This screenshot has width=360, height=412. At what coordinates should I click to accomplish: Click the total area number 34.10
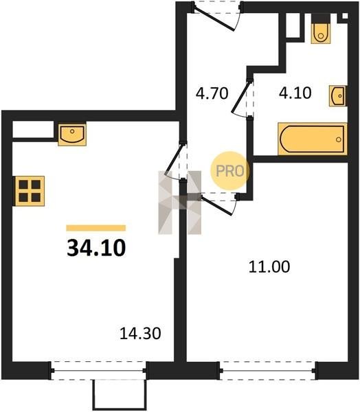pos(96,248)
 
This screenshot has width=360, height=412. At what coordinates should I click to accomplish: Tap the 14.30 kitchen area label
pos(140,334)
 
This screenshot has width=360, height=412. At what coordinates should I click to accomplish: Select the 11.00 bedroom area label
pos(269,266)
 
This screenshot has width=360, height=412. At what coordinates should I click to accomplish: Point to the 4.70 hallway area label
pos(212,93)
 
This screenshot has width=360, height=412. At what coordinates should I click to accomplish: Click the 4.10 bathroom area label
pos(295,93)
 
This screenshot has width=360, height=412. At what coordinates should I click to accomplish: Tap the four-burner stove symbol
pos(30,191)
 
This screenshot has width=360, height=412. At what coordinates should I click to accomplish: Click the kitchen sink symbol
pos(72,134)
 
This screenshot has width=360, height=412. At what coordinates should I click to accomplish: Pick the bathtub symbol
pos(313,139)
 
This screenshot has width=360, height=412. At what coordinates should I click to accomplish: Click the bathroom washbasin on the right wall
pos(337,96)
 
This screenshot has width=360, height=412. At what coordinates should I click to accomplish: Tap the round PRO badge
pos(230,171)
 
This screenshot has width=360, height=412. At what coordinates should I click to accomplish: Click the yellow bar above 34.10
pos(96,228)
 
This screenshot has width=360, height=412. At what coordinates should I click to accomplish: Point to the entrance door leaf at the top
pos(214,19)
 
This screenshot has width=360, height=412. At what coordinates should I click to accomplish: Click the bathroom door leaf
pos(240,98)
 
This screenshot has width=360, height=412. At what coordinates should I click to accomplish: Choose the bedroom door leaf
pos(216,205)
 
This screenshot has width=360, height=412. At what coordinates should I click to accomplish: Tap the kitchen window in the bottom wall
pos(98,371)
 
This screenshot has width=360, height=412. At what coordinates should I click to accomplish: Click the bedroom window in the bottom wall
pos(267,371)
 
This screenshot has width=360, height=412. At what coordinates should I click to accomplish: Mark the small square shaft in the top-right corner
pos(344,16)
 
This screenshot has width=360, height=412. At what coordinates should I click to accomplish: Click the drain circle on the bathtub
pos(339,139)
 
